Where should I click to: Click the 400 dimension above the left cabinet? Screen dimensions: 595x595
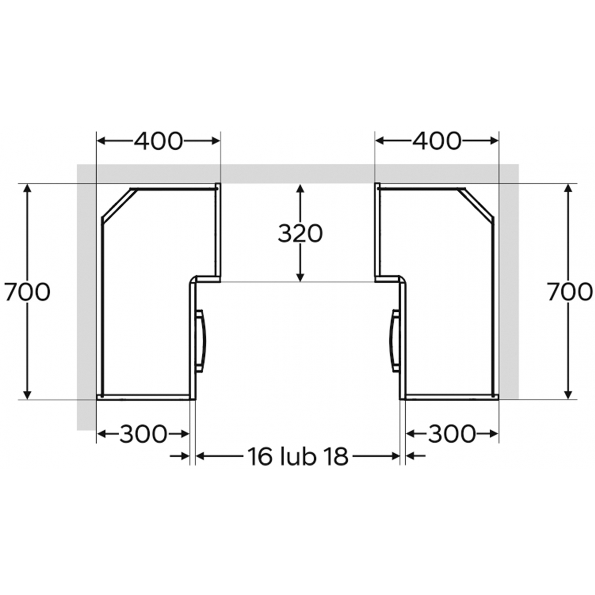coord(158,141)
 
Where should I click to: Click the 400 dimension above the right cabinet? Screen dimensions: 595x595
coord(437,141)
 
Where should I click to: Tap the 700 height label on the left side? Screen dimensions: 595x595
coord(27,292)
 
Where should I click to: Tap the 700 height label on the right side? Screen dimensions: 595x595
coord(570,292)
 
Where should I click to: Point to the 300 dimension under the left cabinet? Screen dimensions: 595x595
coord(143,434)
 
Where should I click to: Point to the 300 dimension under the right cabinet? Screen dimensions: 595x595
coord(452,434)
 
